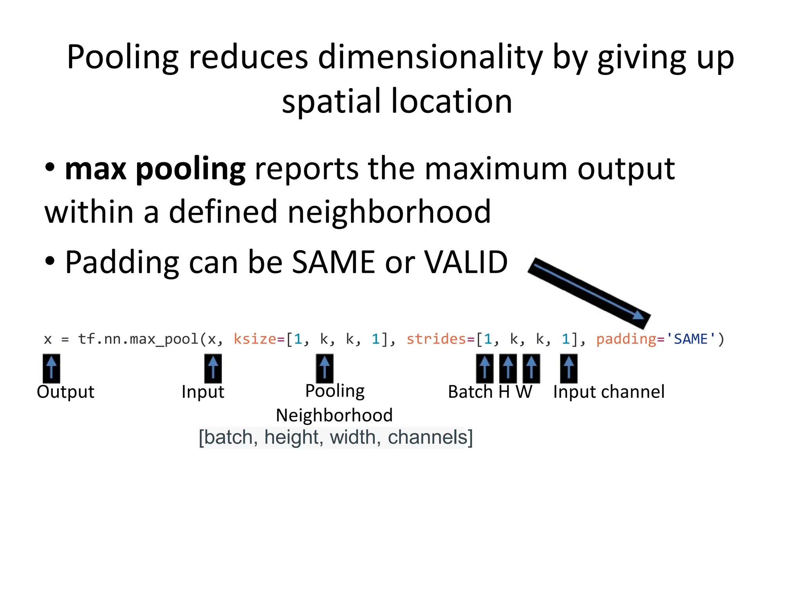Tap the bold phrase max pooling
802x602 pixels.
tap(155, 169)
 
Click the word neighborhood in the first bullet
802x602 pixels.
tap(389, 212)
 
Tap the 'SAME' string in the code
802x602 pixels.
tap(691, 339)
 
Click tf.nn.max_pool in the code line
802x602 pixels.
tap(138, 339)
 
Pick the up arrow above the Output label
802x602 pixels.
tap(51, 368)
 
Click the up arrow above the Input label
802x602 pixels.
tap(213, 368)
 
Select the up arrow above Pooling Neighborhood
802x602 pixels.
tap(325, 368)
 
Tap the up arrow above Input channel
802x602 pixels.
tap(569, 368)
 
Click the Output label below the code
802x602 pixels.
tap(65, 392)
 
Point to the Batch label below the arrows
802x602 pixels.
tap(470, 392)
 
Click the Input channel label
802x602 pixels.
tap(609, 392)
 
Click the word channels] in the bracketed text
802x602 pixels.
tap(430, 437)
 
